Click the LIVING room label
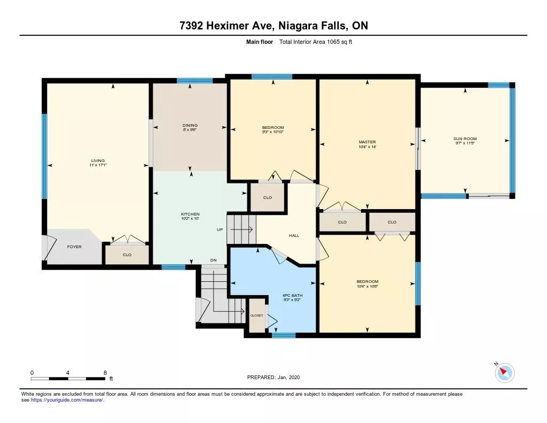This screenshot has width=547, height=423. pyautogui.click(x=98, y=160)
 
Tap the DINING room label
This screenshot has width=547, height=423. pyautogui.click(x=190, y=125)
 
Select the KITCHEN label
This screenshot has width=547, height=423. pyautogui.click(x=190, y=214)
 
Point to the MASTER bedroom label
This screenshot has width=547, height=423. pyautogui.click(x=368, y=142)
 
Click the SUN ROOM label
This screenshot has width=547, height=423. pyautogui.click(x=465, y=139)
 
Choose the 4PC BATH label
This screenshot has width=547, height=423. pyautogui.click(x=292, y=296)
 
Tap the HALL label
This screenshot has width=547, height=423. pyautogui.click(x=294, y=235)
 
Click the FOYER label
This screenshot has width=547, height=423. pyautogui.click(x=74, y=247)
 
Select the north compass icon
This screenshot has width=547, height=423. pyautogui.click(x=504, y=372)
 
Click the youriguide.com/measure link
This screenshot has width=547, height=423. pyautogui.click(x=67, y=400)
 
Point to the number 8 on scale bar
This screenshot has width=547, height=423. pyautogui.click(x=105, y=373)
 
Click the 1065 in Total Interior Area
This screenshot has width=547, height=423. pyautogui.click(x=333, y=42)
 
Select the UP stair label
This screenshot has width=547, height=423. pyautogui.click(x=220, y=229)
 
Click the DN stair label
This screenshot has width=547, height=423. pyautogui.click(x=214, y=260)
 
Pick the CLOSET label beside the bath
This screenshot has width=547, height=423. pyautogui.click(x=257, y=316)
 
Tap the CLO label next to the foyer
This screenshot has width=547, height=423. pyautogui.click(x=127, y=255)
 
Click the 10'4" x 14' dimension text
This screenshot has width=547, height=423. pyautogui.click(x=368, y=147)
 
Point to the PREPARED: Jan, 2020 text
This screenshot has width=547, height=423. pyautogui.click(x=273, y=377)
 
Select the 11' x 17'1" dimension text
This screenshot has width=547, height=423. pyautogui.click(x=98, y=165)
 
